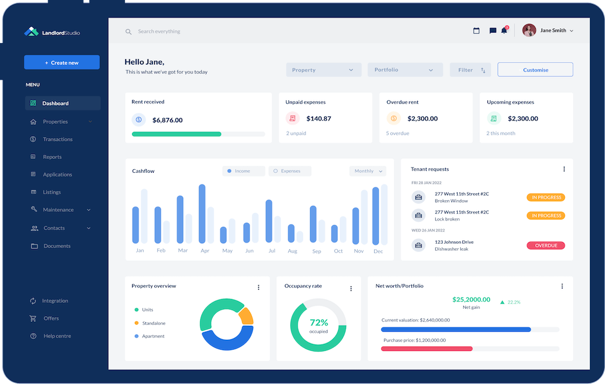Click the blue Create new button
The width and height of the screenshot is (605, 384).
(62, 63)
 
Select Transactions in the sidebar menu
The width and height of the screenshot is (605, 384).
(57, 140)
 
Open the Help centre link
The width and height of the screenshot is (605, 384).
(56, 336)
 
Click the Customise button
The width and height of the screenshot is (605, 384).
(535, 70)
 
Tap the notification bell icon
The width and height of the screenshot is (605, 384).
(504, 31)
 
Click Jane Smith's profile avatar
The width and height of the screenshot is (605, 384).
(529, 30)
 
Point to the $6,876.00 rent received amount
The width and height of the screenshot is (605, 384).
(167, 120)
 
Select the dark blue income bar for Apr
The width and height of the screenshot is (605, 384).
(202, 214)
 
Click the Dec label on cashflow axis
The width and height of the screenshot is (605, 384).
(378, 251)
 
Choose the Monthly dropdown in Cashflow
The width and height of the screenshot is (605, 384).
(368, 171)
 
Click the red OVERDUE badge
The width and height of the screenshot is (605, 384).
(546, 246)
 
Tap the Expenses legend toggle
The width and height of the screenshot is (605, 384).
(290, 171)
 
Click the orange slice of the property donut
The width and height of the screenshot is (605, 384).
(247, 315)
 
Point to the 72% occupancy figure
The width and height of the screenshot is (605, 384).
(318, 322)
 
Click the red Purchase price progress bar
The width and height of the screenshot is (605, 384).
(426, 349)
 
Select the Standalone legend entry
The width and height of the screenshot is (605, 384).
(153, 323)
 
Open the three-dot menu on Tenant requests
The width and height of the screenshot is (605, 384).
(564, 169)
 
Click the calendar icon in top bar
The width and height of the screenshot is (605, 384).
(476, 31)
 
